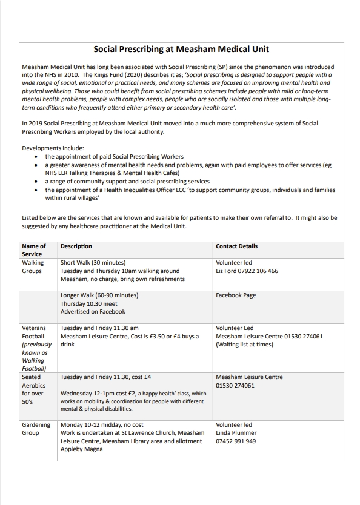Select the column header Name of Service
click(x=34, y=250)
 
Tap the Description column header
click(x=76, y=246)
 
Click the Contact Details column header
click(x=236, y=246)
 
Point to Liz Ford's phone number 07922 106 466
click(x=255, y=271)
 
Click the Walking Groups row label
click(x=33, y=267)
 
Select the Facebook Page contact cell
click(x=236, y=295)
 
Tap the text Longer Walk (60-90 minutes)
click(x=99, y=295)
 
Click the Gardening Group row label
click(x=36, y=429)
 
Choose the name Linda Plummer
click(x=236, y=433)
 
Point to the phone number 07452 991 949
click(x=236, y=441)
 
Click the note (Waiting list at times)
click(x=244, y=345)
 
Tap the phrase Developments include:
click(x=53, y=148)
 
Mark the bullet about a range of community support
click(x=127, y=181)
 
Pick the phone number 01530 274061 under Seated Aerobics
click(x=235, y=385)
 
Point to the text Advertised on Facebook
click(x=93, y=312)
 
